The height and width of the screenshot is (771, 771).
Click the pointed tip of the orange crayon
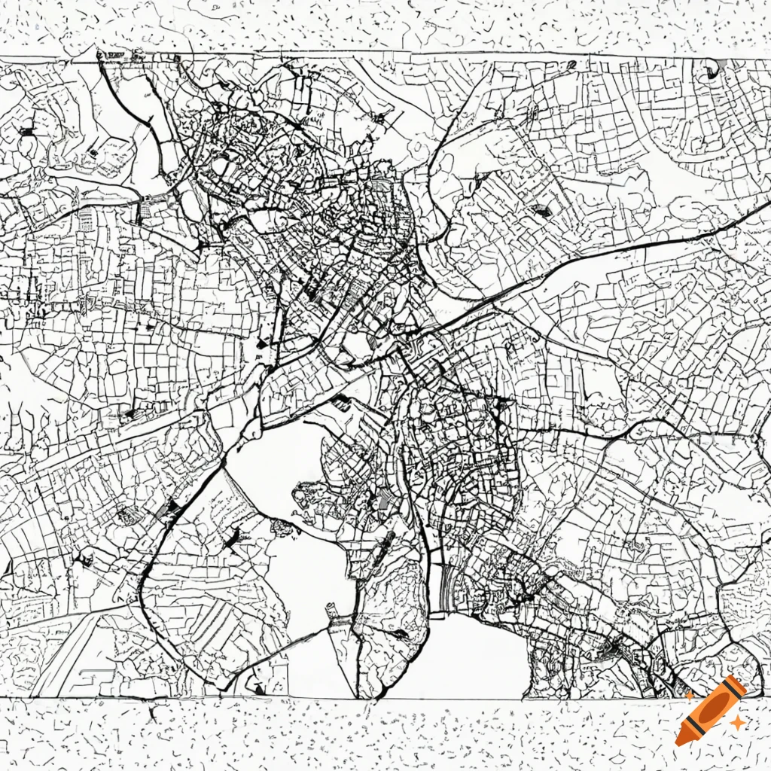click(x=681, y=741)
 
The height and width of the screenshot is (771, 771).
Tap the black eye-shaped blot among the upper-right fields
click(x=540, y=211)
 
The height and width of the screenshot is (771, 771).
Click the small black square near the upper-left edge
click(x=27, y=131)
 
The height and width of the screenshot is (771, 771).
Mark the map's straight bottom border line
click(x=376, y=699)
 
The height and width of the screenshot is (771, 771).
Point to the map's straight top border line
click(x=376, y=54)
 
